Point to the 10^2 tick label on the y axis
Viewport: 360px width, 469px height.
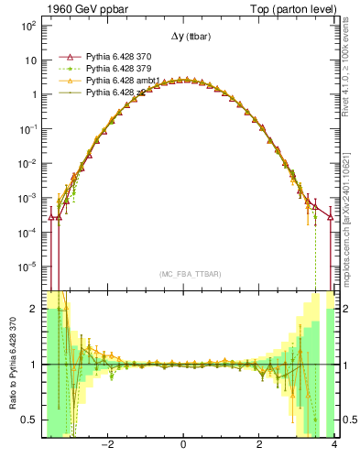pyautogui.click(x=27, y=26)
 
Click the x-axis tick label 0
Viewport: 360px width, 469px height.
pyautogui.click(x=183, y=445)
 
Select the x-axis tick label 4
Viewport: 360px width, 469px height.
pyautogui.click(x=334, y=445)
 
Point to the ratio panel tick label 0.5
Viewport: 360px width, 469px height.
pyautogui.click(x=29, y=420)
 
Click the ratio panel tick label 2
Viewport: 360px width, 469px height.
pyautogui.click(x=34, y=310)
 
